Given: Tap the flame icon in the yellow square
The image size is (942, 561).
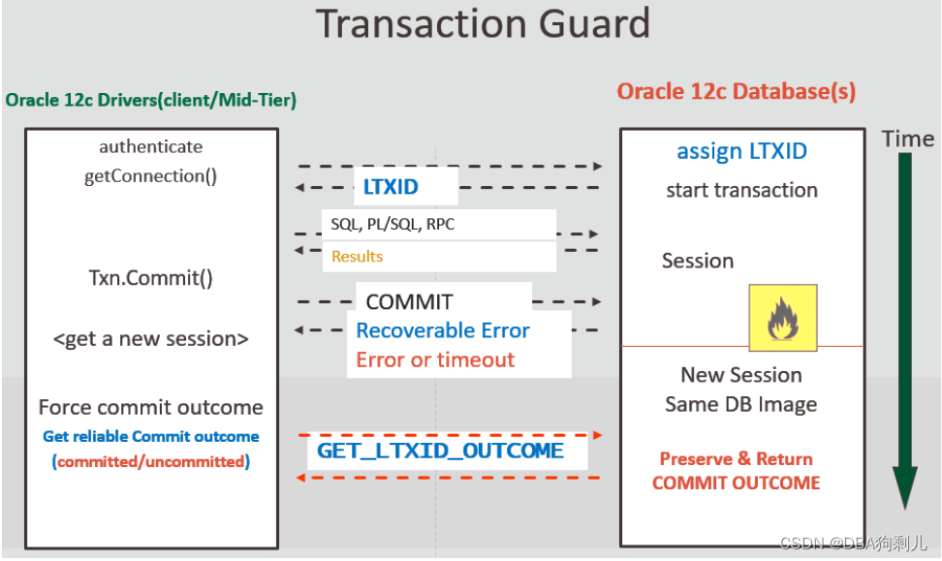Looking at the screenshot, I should (x=782, y=318).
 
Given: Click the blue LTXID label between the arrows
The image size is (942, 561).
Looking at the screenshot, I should (x=396, y=187).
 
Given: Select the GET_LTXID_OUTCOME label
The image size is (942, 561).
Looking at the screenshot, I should (x=440, y=452).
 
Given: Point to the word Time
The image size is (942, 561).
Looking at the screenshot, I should (x=907, y=140).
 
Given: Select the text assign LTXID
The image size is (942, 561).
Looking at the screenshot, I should (x=741, y=151).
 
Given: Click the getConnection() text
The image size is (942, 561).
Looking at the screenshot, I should (x=150, y=176).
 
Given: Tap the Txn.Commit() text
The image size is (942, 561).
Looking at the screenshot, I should (x=150, y=278).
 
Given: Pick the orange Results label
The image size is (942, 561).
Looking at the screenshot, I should (x=357, y=257).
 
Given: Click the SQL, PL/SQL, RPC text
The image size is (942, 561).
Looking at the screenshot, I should (x=392, y=225).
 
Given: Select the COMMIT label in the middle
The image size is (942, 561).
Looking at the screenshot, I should (x=409, y=302).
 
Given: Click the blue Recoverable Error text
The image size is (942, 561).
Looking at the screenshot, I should (x=442, y=330).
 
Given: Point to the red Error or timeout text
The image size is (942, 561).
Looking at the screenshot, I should (x=435, y=360).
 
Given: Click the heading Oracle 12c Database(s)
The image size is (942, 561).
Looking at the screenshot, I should (x=736, y=92).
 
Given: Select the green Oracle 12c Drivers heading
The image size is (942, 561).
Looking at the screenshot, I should (x=150, y=100).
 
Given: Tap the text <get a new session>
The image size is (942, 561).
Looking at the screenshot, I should (x=150, y=339).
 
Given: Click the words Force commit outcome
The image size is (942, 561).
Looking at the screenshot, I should (x=150, y=408).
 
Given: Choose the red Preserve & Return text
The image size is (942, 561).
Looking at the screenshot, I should (x=736, y=459).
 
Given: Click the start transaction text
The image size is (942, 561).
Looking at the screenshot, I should (x=741, y=191).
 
